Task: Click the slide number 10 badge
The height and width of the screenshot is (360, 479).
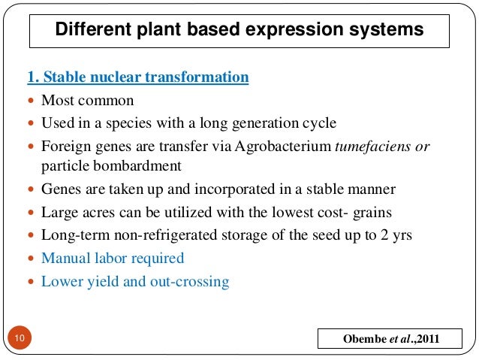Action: (18, 340)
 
